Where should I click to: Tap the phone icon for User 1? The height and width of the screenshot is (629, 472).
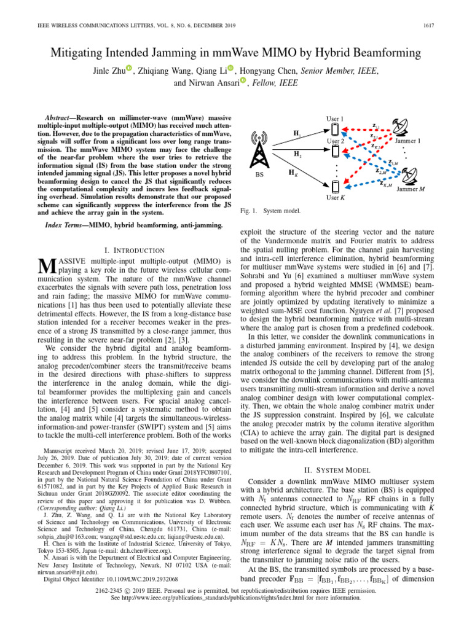coord(335,130)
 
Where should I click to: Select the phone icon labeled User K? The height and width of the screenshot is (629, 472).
coord(335,186)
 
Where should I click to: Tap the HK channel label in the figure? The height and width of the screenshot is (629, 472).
coord(294,173)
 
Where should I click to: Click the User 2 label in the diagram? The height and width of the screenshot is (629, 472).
coord(335,141)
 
